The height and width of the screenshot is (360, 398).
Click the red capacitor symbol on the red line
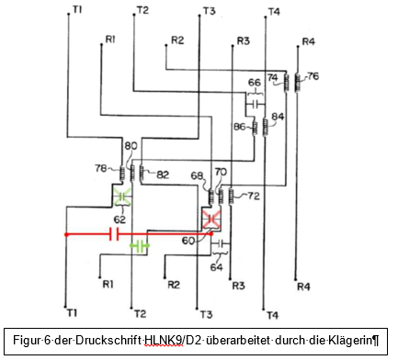pos(114,234)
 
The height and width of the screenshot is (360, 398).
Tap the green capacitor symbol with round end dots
pos(140,245)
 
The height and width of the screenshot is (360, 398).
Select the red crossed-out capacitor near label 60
pos(211,219)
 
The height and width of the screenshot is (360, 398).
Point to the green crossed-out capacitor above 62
pos(122,196)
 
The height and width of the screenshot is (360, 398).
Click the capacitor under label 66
pos(255,105)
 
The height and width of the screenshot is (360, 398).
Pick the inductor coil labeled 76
pos(297,83)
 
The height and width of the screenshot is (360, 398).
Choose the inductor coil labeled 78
pos(122,174)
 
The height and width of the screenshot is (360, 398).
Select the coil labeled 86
pos(255,129)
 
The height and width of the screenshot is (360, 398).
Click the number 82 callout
pos(163,174)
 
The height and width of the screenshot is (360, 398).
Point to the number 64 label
pos(216,267)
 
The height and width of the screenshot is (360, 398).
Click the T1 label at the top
pos(77,10)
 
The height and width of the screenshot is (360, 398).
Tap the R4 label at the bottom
pos(303,287)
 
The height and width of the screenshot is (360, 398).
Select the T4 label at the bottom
pos(273,315)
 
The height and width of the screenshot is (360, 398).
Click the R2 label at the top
pos(177,40)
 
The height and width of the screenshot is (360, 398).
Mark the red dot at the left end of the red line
pos(66,235)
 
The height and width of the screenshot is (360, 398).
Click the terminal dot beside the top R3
pos(233,46)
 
